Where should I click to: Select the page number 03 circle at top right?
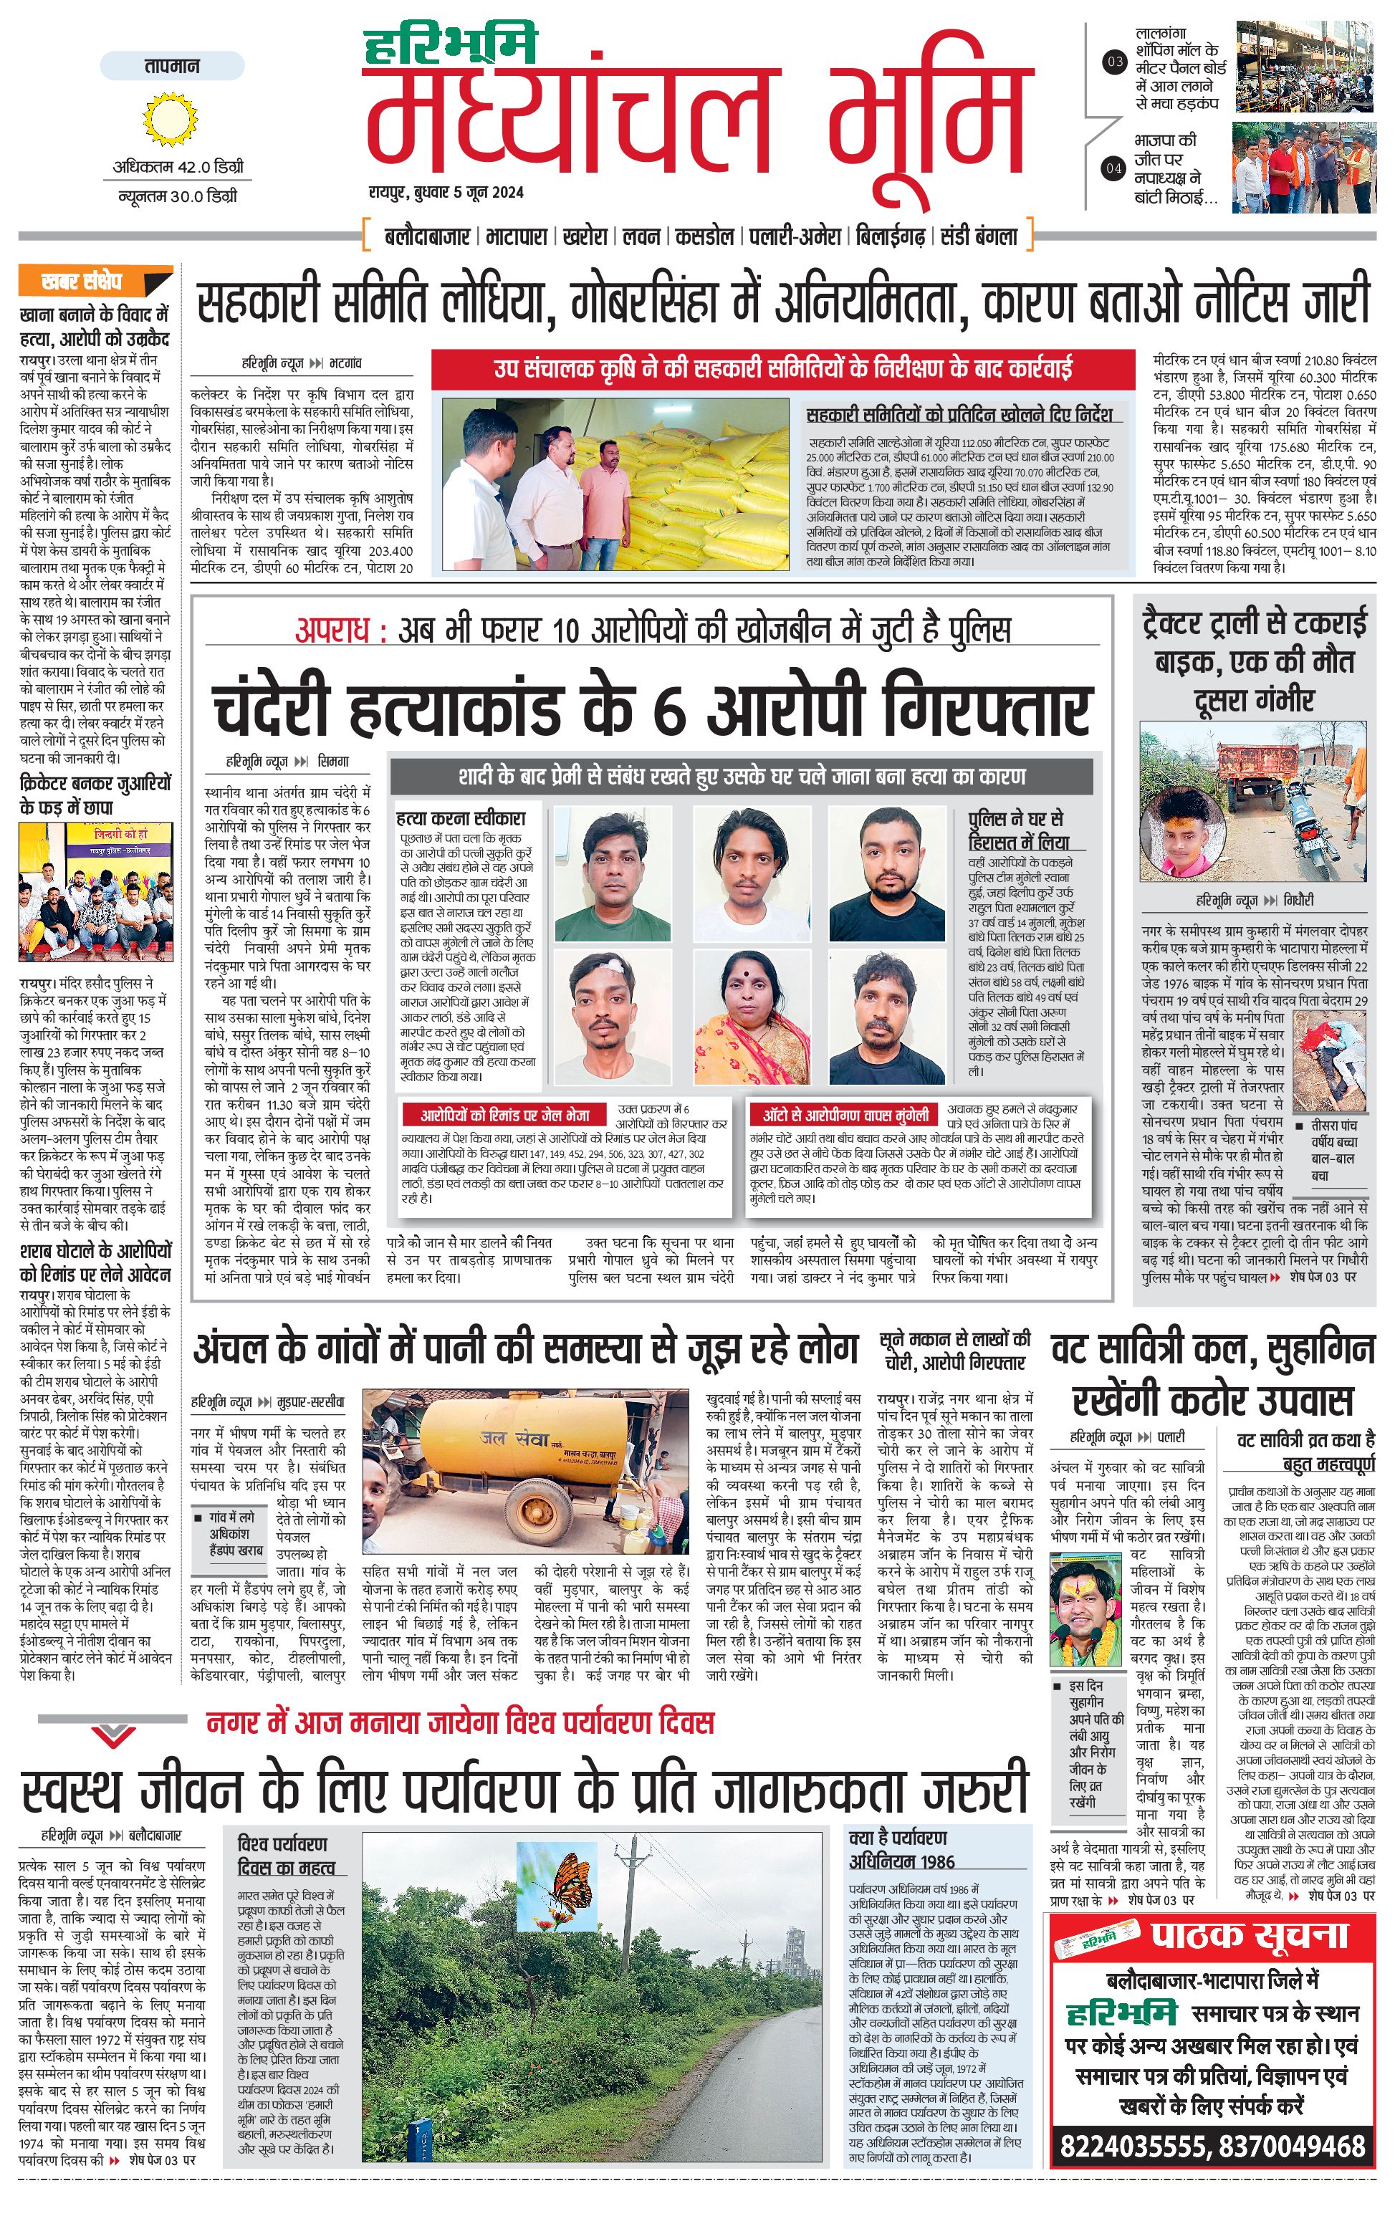1114,62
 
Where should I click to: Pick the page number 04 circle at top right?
1114,168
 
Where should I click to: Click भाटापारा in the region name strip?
516,236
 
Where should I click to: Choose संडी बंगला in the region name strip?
978,236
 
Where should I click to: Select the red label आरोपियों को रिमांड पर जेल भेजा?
504,1116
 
